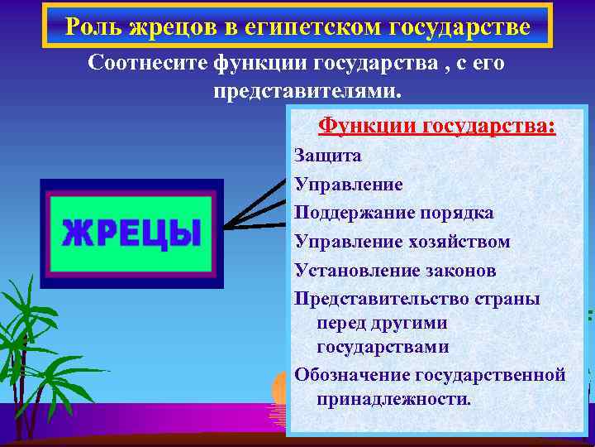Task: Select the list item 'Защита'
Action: (x=328, y=155)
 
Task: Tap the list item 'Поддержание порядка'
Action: (x=394, y=213)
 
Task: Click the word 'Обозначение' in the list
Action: (x=352, y=375)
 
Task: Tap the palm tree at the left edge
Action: (x=33, y=348)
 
